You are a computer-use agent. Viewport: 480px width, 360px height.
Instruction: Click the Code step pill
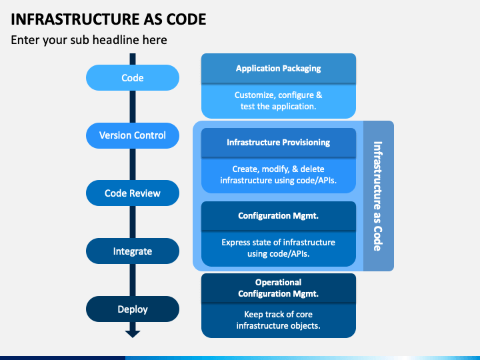133,77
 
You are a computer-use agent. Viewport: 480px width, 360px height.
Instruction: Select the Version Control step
133,135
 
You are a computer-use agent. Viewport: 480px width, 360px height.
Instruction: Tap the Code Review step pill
133,193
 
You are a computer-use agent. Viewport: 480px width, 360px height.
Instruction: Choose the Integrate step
133,251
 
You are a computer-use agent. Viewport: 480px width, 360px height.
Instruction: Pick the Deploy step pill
133,309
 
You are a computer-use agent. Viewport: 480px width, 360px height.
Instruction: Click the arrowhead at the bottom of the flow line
133,334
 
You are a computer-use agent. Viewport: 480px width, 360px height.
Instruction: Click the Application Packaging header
279,68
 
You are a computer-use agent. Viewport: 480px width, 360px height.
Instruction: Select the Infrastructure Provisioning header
279,143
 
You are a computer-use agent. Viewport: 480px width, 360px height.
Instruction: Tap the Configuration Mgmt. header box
279,216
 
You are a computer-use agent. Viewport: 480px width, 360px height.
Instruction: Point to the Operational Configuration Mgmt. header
279,288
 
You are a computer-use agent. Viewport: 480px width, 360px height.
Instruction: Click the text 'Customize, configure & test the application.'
278,101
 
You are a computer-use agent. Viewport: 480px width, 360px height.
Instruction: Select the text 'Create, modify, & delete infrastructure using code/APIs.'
278,175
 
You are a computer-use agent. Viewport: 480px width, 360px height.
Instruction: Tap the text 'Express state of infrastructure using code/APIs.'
278,248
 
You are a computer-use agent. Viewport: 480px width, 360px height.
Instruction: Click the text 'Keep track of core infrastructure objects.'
278,320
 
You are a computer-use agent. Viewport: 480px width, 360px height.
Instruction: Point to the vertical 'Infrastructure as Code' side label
378,196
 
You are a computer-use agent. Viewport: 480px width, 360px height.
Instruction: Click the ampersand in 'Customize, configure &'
319,95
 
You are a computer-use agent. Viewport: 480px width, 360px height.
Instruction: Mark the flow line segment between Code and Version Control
133,107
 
